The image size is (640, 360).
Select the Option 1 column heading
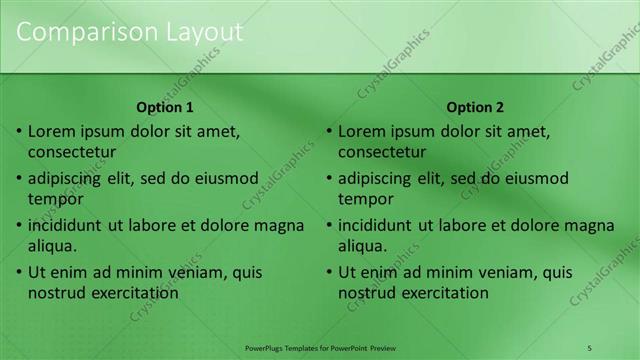click(x=165, y=107)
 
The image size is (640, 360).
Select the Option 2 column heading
click(x=476, y=107)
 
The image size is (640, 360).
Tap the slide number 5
click(x=589, y=347)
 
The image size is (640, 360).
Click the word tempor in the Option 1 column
click(x=55, y=199)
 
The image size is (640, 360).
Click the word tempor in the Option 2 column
click(x=365, y=199)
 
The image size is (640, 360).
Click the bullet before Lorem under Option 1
click(x=19, y=131)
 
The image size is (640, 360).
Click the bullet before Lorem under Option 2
click(x=329, y=131)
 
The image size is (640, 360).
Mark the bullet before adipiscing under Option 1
click(x=19, y=178)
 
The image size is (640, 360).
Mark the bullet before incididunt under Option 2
click(x=329, y=225)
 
